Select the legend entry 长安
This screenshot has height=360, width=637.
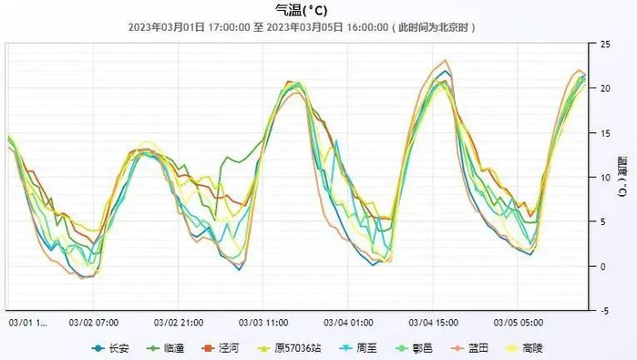(x=113, y=347)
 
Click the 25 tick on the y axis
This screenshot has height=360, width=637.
(x=605, y=45)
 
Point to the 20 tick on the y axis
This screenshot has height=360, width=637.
(x=605, y=88)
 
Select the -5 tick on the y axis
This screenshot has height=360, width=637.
(x=604, y=311)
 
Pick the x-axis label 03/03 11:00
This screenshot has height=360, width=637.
(x=263, y=322)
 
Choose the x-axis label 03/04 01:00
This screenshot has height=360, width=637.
(x=348, y=322)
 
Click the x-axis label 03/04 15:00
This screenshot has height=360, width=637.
(x=433, y=322)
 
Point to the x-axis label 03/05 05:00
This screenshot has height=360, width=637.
(x=518, y=322)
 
